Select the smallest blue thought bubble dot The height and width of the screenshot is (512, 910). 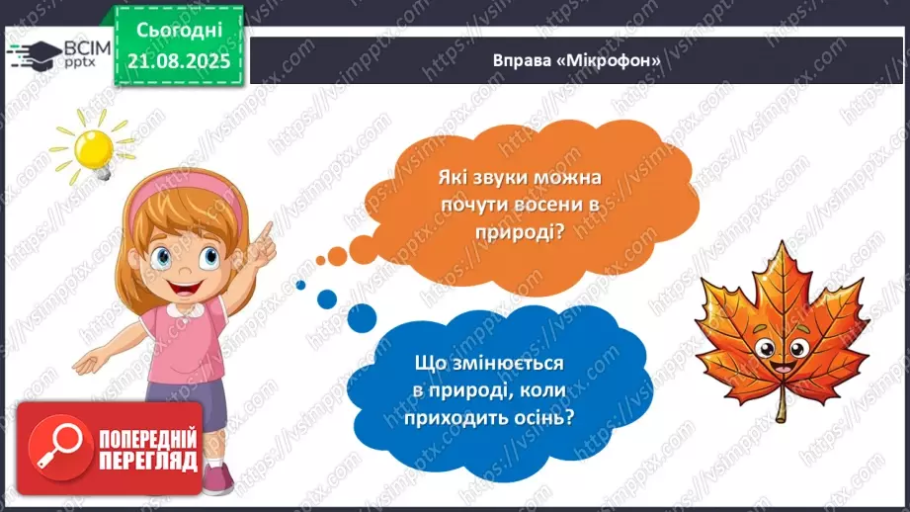(299, 285)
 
